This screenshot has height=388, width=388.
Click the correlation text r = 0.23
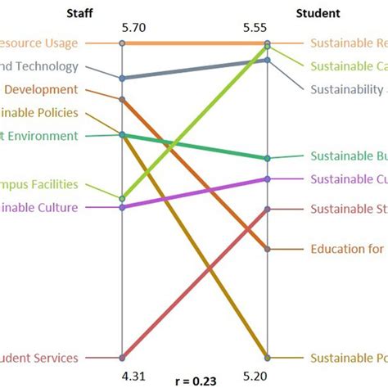pyautogui.click(x=195, y=380)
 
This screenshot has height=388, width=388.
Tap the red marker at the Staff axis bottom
pyautogui.click(x=122, y=358)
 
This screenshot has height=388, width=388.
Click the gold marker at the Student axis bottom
pyautogui.click(x=268, y=358)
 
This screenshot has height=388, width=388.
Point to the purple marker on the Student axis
pyautogui.click(x=268, y=178)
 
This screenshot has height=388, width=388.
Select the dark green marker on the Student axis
pyautogui.click(x=268, y=158)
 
